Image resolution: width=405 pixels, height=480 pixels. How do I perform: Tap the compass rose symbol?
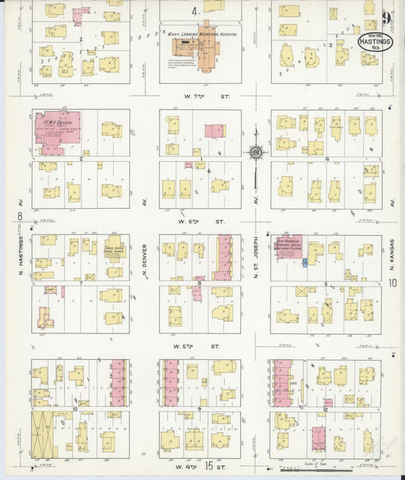tap(256, 153)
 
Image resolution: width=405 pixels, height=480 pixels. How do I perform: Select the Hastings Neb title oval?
tap(375, 41)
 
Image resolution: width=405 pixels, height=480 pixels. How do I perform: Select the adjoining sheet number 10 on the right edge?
tap(393, 283)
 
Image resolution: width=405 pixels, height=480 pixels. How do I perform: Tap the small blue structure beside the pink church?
tap(305, 262)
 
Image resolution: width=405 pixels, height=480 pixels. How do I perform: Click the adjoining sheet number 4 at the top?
tap(195, 11)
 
